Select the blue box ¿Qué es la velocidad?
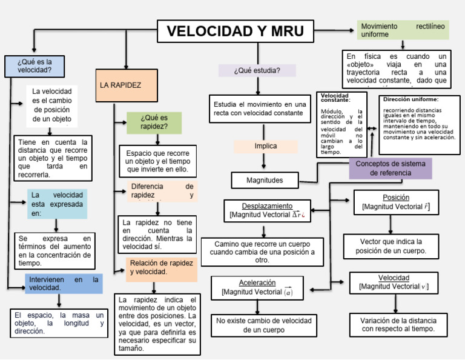[34, 65]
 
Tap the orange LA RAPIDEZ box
[121, 85]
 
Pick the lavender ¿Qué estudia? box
[257, 70]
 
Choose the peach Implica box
[265, 146]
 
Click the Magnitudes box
[265, 180]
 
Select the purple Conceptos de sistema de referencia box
[391, 168]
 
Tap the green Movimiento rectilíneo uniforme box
[403, 30]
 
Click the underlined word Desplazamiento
[267, 206]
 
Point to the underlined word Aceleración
[257, 283]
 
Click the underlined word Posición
[396, 198]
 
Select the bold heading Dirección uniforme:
[411, 99]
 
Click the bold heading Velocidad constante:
[335, 98]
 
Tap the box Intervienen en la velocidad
[64, 284]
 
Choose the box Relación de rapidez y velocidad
[162, 267]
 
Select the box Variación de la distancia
[398, 324]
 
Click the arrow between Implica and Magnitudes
[264, 161]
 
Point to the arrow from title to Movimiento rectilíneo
[336, 29]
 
